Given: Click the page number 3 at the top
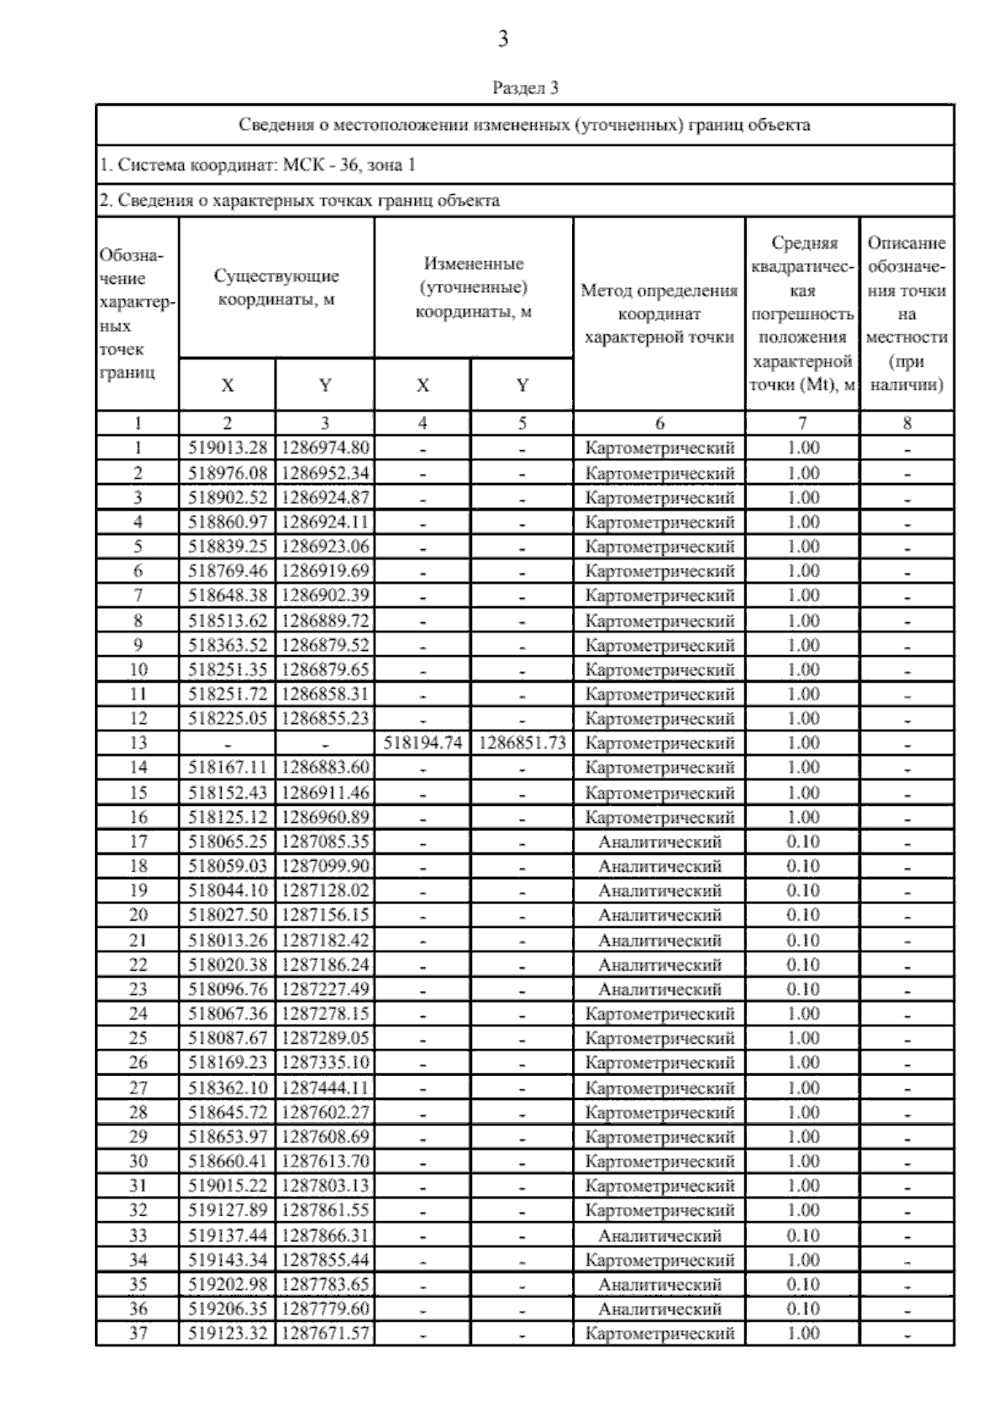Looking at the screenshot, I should pos(502,39).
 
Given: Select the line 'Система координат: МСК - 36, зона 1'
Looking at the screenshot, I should pos(257,165).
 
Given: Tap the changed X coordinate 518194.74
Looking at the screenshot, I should pos(423,743).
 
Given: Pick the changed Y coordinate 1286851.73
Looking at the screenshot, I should pos(522,743).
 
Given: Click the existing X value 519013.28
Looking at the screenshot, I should pos(227,448).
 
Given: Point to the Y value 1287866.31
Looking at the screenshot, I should pos(325,1235).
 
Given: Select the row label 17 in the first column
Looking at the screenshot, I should pos(138,841).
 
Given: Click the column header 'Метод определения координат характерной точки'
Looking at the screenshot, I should pos(659,314).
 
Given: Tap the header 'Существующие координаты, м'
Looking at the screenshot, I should pos(276,287).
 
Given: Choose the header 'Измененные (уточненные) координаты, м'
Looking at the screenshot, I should pos(474,287).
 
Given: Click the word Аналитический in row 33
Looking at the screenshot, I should pos(659,1235).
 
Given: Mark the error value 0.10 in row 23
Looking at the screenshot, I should pos(802,989).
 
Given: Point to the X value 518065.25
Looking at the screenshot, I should pos(227,841).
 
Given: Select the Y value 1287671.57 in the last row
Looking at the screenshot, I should pos(325,1334).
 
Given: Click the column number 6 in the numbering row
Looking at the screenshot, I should pos(659,423).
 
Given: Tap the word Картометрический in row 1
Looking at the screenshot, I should pos(659,448).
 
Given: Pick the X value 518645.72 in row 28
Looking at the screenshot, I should pos(227,1113).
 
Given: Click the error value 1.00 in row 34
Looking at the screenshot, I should pos(802,1260).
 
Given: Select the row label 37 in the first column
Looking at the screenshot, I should pos(138,1334).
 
